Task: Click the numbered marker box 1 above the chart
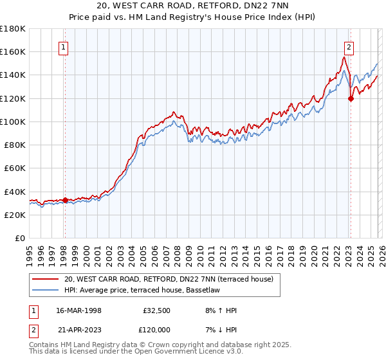coord(65,47)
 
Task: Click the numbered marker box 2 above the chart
coord(348,47)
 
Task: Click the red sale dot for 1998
coord(65,200)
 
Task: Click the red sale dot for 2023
coord(351,98)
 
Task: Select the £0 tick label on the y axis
coord(20,238)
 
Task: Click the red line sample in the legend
coord(46,279)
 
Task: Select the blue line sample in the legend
coord(46,289)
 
